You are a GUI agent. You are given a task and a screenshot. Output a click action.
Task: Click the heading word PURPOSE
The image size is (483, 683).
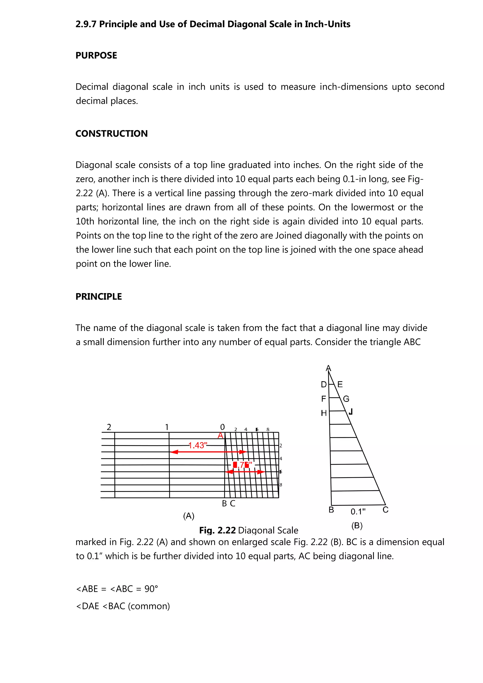click(x=96, y=56)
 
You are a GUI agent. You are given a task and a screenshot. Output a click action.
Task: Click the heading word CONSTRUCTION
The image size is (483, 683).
click(x=111, y=134)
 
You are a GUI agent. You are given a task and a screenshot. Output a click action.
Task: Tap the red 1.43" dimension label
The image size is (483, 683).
click(x=198, y=445)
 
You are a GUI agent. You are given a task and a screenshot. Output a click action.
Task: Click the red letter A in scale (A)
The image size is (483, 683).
click(x=220, y=436)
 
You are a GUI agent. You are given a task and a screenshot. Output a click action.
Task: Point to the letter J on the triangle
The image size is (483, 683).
click(x=351, y=412)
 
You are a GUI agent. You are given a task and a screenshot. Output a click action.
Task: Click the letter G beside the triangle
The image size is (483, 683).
click(x=346, y=399)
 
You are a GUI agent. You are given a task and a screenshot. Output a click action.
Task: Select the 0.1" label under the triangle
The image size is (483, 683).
click(x=358, y=512)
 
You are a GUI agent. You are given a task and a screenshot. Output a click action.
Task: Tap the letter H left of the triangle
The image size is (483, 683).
click(x=324, y=413)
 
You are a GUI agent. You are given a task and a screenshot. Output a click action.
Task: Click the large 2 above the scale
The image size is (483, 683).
click(x=109, y=427)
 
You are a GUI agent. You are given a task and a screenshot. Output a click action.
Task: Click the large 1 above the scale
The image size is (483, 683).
click(x=167, y=427)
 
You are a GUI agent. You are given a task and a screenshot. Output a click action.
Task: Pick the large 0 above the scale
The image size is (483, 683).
click(x=222, y=427)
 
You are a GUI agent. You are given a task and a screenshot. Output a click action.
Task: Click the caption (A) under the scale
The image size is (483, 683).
click(x=189, y=516)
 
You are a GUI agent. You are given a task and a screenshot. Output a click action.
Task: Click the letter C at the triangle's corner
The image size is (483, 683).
click(x=385, y=510)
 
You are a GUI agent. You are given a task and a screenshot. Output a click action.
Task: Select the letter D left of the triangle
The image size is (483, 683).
click(x=324, y=385)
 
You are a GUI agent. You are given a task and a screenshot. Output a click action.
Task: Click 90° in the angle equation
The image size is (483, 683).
click(x=151, y=589)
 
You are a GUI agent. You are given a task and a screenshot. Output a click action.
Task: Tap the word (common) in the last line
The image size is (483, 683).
click(x=149, y=606)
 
